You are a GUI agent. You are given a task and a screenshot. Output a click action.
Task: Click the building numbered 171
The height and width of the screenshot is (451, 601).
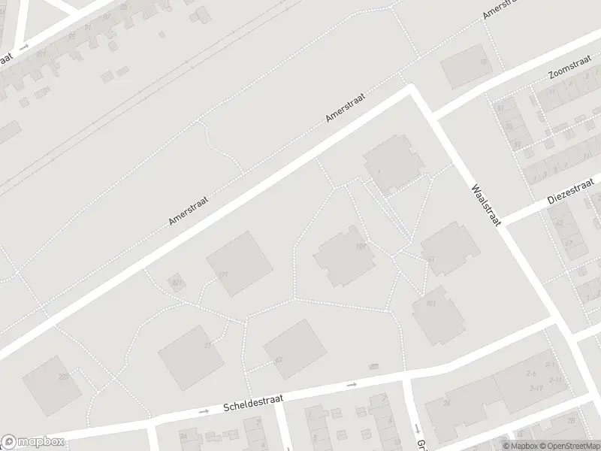tap(239, 263)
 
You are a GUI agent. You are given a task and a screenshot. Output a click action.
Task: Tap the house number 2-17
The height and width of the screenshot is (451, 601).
tap(535, 388)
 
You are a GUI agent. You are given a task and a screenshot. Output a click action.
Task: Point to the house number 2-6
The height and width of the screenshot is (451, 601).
tap(530, 373)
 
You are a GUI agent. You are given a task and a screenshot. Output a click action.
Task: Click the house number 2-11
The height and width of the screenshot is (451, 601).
tap(556, 380)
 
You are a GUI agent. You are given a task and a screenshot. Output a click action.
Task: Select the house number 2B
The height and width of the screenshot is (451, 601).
tap(571, 421)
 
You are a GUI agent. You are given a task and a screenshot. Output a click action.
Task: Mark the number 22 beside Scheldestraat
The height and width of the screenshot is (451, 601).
tap(373, 366)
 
